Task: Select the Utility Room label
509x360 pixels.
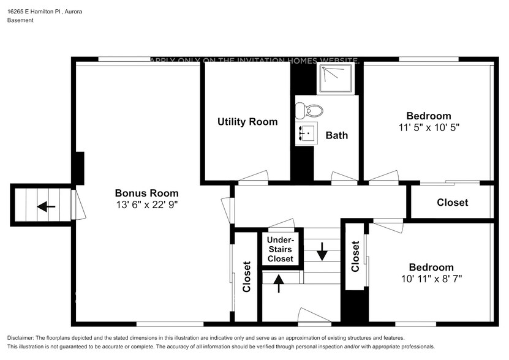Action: pos(247,122)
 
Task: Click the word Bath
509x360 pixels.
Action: pos(336,135)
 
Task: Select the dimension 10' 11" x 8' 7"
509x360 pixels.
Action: pos(431,279)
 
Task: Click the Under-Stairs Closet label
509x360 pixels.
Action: pos(281,249)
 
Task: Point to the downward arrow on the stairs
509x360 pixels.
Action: pos(322,250)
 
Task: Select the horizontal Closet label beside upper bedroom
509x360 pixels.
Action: pos(452,202)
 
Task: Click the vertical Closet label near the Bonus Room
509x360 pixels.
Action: pos(247,277)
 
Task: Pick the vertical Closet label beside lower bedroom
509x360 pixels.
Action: pos(355,256)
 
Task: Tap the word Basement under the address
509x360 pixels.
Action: pos(20,20)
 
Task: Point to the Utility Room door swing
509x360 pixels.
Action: pos(254,176)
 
